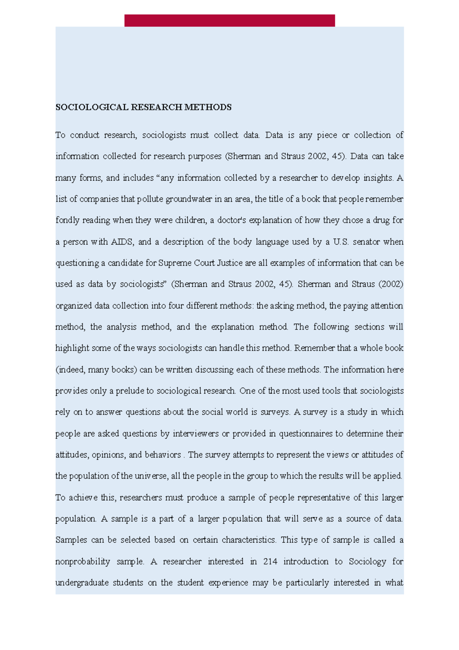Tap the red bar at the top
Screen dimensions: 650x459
click(229, 21)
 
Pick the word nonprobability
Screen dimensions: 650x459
click(83, 562)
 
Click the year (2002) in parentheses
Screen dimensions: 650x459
click(391, 284)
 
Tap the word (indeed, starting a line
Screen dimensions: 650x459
click(70, 370)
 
